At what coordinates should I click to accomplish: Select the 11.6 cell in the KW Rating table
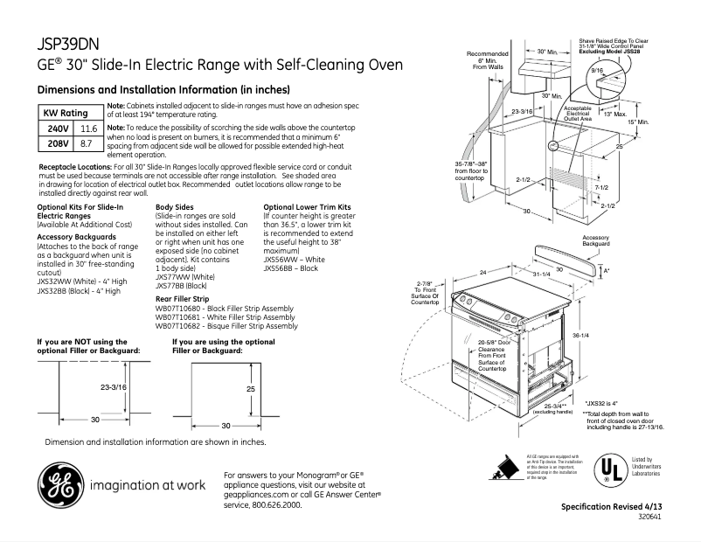pos(88,129)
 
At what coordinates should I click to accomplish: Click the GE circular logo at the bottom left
pos(58,483)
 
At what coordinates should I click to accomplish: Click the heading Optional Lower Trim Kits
pos(302,206)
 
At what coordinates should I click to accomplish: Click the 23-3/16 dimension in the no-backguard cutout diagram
pos(114,386)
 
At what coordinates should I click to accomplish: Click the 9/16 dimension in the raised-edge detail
pos(598,68)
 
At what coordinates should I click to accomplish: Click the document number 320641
pos(649,518)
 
